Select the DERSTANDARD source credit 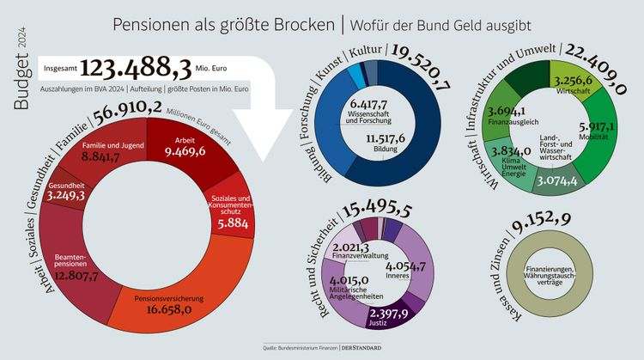click(360, 348)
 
